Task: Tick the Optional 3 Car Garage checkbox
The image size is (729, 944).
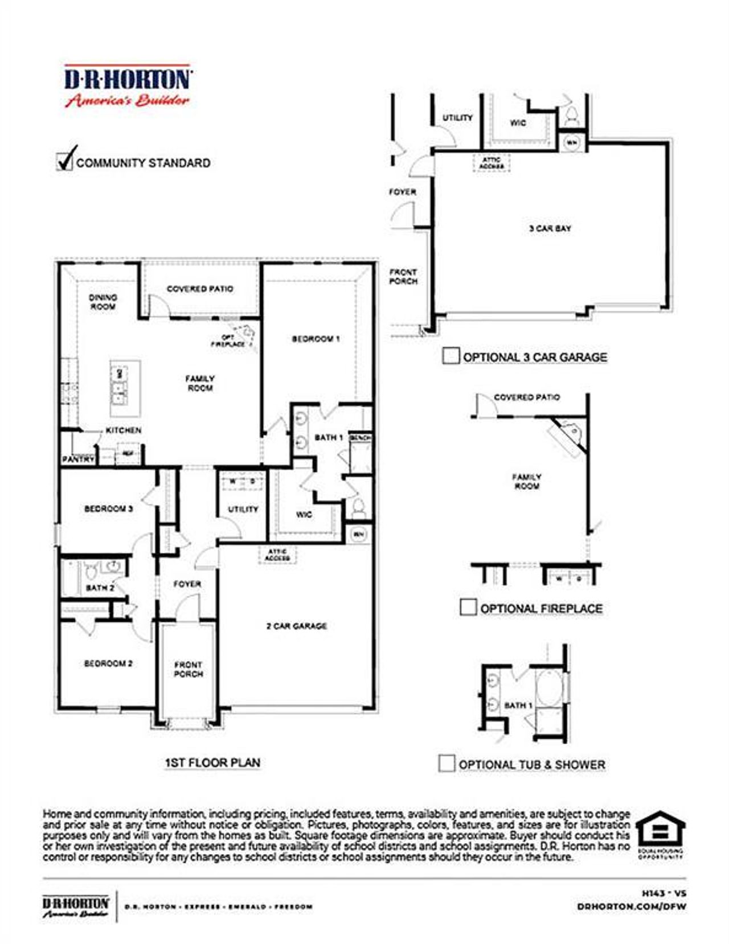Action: click(x=450, y=356)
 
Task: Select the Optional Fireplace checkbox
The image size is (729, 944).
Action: click(x=468, y=608)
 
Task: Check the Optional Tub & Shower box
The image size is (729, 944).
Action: click(x=447, y=764)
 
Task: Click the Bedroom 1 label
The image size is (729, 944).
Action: click(x=316, y=339)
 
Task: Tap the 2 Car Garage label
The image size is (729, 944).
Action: click(x=297, y=626)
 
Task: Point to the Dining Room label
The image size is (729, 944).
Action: click(x=103, y=302)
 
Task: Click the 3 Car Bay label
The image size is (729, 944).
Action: click(x=550, y=228)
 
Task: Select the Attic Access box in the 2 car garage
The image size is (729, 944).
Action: click(x=277, y=555)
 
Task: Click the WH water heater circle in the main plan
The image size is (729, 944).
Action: click(x=358, y=535)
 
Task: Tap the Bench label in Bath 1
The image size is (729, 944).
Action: click(x=360, y=437)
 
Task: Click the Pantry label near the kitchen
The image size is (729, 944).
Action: click(x=78, y=459)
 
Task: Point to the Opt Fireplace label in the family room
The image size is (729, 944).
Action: click(x=228, y=340)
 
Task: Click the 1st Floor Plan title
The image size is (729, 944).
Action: click(x=212, y=762)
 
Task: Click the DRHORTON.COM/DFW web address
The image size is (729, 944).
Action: click(x=631, y=906)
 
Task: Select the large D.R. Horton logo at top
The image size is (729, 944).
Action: click(x=127, y=86)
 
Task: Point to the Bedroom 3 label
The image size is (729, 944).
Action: click(x=108, y=508)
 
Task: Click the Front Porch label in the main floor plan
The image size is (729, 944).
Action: click(x=188, y=669)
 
